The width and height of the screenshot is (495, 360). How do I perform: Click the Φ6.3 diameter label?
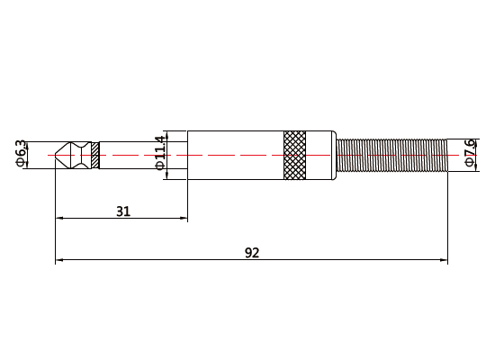click(x=21, y=153)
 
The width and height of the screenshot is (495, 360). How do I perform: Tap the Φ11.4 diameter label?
click(x=159, y=152)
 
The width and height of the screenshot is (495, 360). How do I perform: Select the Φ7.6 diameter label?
click(x=469, y=153)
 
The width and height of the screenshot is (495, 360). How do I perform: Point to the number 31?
click(x=123, y=211)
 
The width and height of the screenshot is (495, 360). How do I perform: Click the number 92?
click(x=252, y=253)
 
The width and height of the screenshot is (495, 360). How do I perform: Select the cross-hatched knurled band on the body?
click(x=294, y=155)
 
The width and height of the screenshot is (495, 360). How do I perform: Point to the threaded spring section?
click(x=392, y=155)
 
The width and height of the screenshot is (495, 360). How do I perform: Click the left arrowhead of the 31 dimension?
click(x=59, y=218)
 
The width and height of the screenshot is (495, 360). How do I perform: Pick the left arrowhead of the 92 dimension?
click(x=59, y=260)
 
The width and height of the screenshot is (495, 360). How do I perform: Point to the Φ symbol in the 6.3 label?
click(x=21, y=164)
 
